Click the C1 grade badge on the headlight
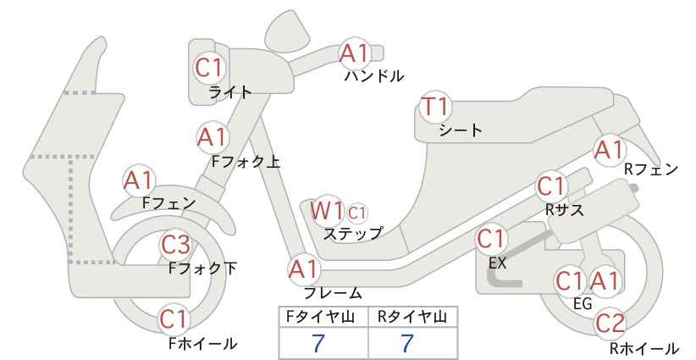pos(208,68)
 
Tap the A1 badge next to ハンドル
pos(354,53)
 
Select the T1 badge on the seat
pos(435,107)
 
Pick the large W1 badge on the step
pos(326,210)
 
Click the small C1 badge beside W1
pos(356,213)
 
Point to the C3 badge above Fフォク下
pos(175,244)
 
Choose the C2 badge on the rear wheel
pos(610,324)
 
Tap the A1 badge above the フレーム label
pos(304,269)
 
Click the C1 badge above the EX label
pos(491,239)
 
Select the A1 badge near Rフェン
pos(610,150)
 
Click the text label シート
pos(461,130)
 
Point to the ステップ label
pos(352,234)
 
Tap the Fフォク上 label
pos(246,162)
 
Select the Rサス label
pos(564,209)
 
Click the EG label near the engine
pos(583,303)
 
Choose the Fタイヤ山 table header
pos(320,317)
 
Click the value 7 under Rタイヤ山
pos(406,343)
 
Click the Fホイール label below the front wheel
pos(203,343)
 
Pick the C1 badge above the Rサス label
pos(551,187)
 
